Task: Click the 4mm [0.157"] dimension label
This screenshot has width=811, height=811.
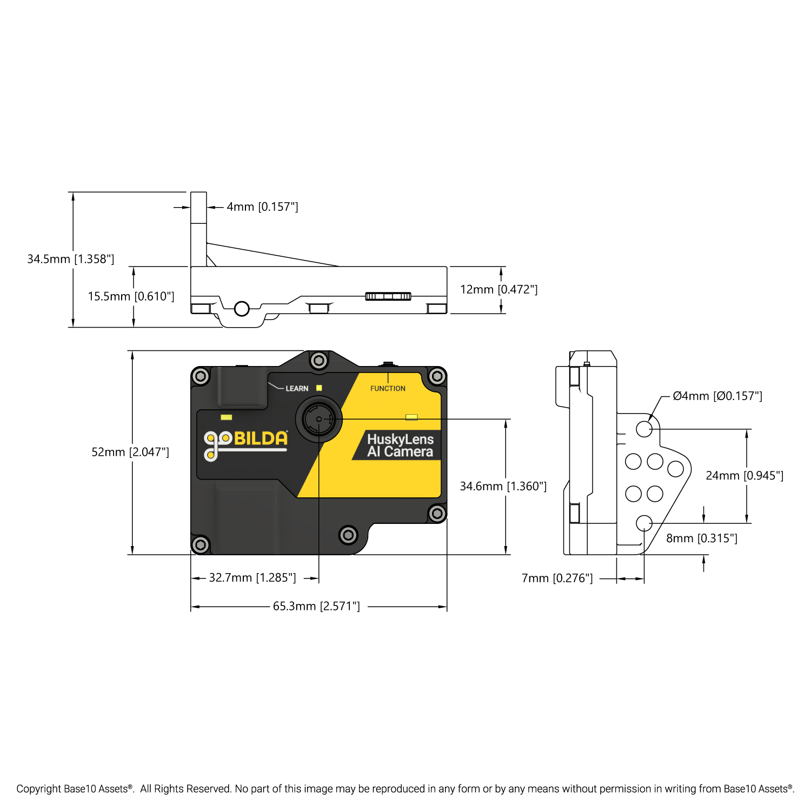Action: (262, 207)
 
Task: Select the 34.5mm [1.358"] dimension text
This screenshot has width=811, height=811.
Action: (71, 259)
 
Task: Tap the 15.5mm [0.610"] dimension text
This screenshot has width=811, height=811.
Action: (131, 296)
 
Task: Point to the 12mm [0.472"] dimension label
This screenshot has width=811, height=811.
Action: (498, 289)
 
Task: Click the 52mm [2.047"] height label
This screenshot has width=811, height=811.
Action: (130, 452)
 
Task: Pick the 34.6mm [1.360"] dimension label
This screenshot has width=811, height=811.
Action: (503, 486)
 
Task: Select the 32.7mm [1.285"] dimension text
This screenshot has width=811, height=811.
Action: (252, 577)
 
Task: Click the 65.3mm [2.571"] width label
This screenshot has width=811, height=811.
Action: (316, 606)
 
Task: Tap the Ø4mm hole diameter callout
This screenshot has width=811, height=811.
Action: (717, 396)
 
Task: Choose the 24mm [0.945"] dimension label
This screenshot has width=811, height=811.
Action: (744, 475)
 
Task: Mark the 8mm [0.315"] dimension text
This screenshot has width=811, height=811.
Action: (702, 538)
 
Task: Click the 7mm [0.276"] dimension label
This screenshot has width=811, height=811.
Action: (557, 578)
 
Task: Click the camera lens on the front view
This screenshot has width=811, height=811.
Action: (319, 419)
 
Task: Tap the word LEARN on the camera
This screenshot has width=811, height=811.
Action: (297, 388)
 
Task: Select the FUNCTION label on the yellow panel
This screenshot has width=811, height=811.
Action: (388, 388)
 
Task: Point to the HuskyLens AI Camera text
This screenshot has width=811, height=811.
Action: (400, 446)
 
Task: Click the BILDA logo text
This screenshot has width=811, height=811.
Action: (261, 438)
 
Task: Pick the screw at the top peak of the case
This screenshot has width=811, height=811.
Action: (319, 360)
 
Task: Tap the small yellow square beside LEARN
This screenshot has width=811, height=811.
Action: (319, 388)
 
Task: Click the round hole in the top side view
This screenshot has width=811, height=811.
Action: (242, 309)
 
